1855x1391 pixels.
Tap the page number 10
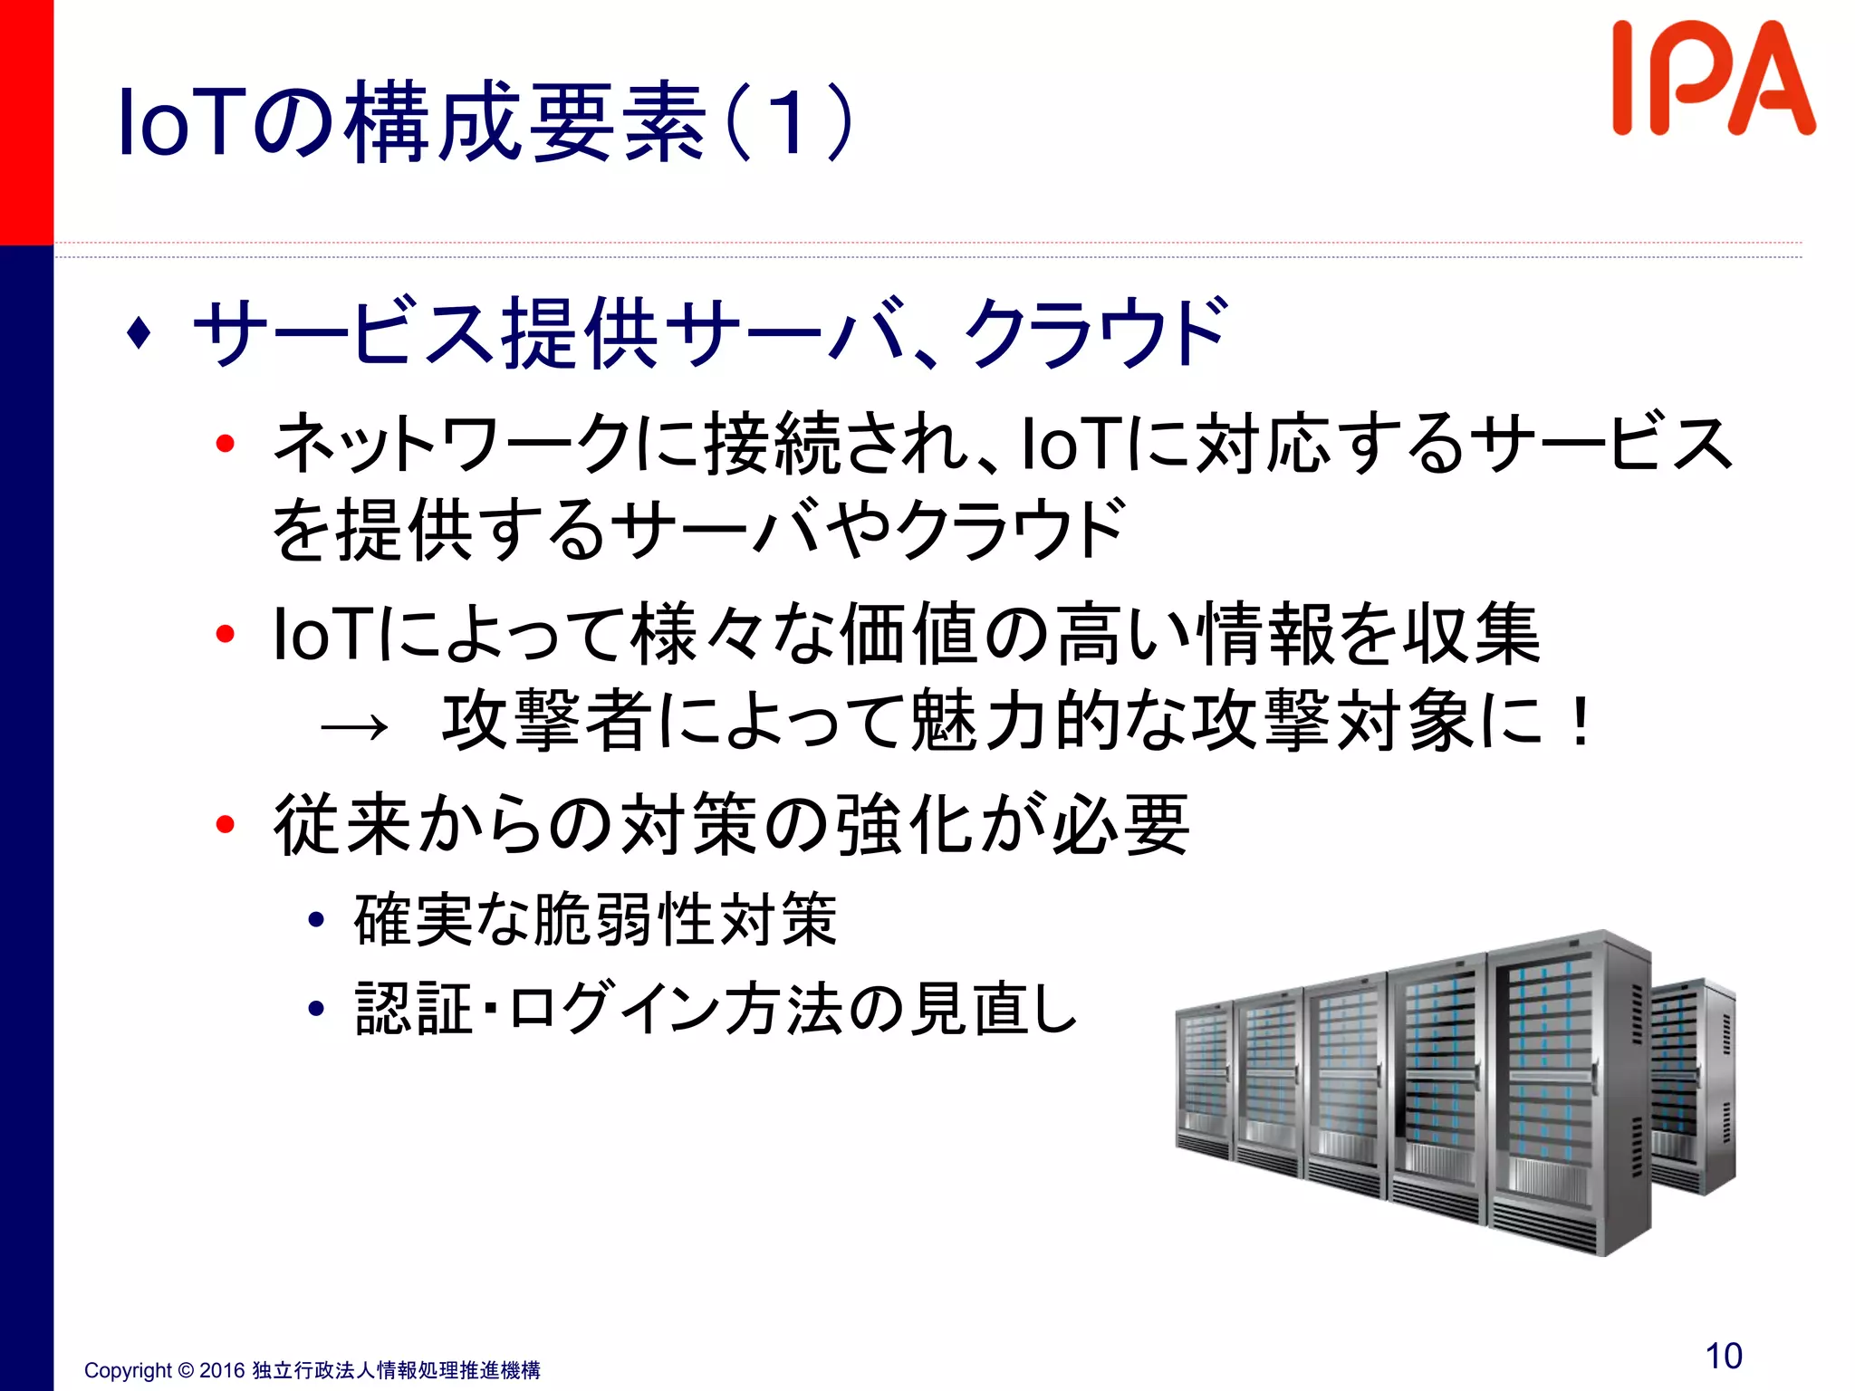pyautogui.click(x=1723, y=1356)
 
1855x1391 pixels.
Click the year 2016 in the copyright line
pyautogui.click(x=222, y=1370)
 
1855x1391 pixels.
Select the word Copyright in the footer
pyautogui.click(x=128, y=1370)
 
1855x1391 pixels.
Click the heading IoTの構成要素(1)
pyautogui.click(x=485, y=122)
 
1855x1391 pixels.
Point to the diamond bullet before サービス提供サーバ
pyautogui.click(x=139, y=332)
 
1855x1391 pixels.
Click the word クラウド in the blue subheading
pyautogui.click(x=1096, y=333)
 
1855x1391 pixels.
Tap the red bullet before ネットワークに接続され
pyautogui.click(x=226, y=444)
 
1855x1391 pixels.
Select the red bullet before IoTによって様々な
pyautogui.click(x=226, y=634)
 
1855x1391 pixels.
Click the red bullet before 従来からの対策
pyautogui.click(x=226, y=824)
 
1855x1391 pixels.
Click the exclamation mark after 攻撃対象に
pyautogui.click(x=1581, y=723)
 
